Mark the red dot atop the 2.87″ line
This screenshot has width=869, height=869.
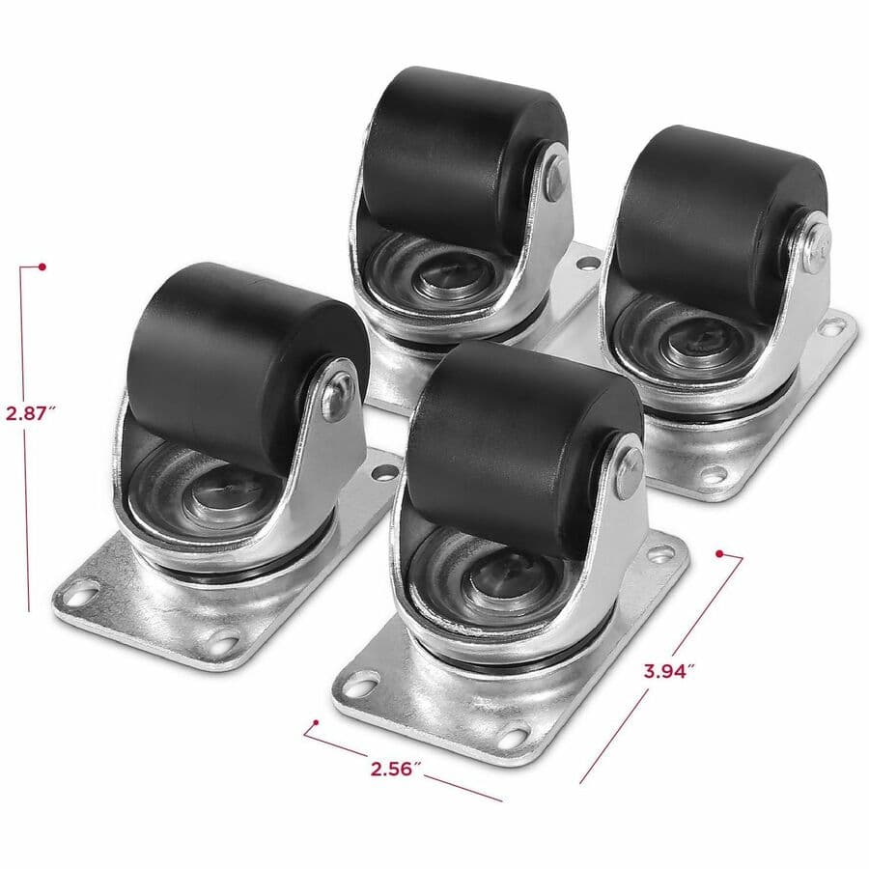tap(42, 266)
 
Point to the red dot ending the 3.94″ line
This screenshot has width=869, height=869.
tap(719, 552)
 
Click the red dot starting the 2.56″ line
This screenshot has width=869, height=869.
tap(313, 722)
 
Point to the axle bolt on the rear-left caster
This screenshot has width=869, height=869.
tap(556, 179)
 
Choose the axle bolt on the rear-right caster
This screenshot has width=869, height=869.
tap(814, 245)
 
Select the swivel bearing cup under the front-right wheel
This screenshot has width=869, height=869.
tap(492, 579)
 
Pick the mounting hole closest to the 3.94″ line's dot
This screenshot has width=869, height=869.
tap(661, 553)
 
